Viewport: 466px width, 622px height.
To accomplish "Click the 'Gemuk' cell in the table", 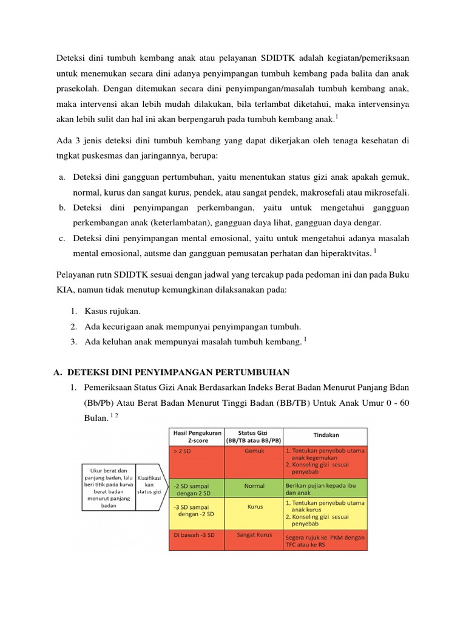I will [x=254, y=452].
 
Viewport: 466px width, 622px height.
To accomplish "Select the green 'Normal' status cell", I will [x=254, y=487].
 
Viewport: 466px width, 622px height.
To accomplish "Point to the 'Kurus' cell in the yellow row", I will [x=254, y=507].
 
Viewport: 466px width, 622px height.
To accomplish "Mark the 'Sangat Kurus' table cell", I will [x=254, y=536].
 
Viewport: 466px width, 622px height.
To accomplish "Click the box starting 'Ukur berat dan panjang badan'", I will [x=109, y=487].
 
